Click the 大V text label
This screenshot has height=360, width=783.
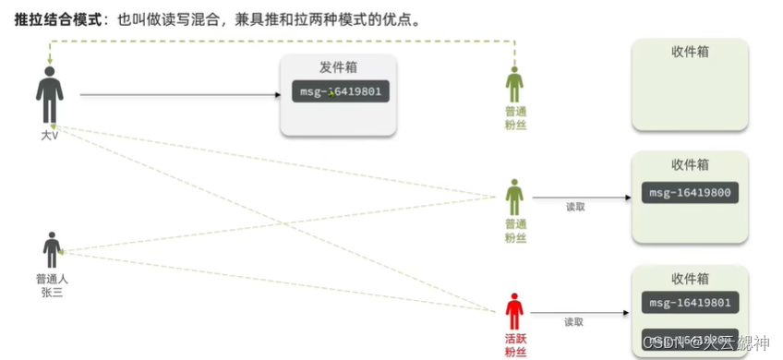pyautogui.click(x=50, y=136)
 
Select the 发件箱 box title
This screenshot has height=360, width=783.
pyautogui.click(x=338, y=68)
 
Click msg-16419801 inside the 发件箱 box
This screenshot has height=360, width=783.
pyautogui.click(x=339, y=91)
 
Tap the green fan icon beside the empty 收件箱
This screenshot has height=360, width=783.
pyautogui.click(x=514, y=86)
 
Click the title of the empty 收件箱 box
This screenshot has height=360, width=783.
pyautogui.click(x=690, y=52)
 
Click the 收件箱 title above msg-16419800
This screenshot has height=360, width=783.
pyautogui.click(x=690, y=164)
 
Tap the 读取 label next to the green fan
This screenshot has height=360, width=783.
pyautogui.click(x=575, y=207)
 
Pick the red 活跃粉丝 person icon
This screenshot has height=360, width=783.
pyautogui.click(x=514, y=312)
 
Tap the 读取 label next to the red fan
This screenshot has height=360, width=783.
pyautogui.click(x=575, y=322)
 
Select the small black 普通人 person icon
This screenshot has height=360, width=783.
pyautogui.click(x=52, y=250)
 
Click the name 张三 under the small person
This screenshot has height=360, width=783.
pyautogui.click(x=52, y=292)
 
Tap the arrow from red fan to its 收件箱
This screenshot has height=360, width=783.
pyautogui.click(x=591, y=311)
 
